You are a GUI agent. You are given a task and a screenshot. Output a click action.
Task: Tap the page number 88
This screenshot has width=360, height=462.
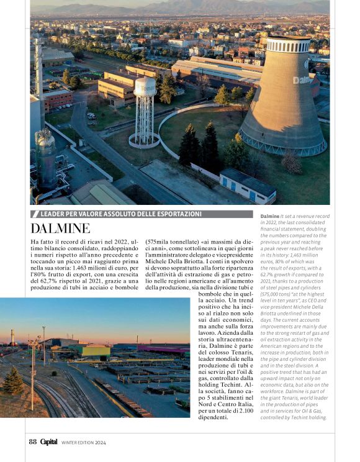point(32,442)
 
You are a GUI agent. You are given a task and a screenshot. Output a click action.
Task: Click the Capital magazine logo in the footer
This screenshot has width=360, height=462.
point(48,442)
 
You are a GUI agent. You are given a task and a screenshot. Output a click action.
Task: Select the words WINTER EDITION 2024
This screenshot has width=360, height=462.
point(84,443)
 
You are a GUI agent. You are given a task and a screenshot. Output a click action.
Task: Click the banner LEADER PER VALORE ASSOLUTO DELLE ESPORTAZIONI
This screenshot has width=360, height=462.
point(119,214)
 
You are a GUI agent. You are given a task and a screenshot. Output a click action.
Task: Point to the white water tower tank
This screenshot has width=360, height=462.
point(145,87)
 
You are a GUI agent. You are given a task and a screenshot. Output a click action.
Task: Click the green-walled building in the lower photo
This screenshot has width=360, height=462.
point(92,350)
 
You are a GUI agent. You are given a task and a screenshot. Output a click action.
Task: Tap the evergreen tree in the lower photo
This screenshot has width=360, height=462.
point(13,381)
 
